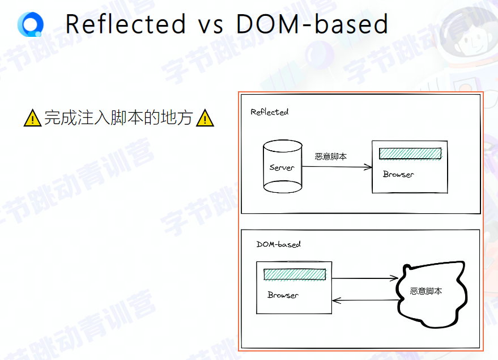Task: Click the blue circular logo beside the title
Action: pyautogui.click(x=30, y=24)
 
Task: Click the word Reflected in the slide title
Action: pyautogui.click(x=125, y=24)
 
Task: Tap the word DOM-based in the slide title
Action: pyautogui.click(x=312, y=24)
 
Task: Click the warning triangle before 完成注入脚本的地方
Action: pyautogui.click(x=33, y=118)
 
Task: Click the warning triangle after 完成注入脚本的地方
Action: pyautogui.click(x=205, y=118)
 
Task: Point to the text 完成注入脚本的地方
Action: pyautogui.click(x=118, y=118)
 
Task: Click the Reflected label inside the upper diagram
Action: pyautogui.click(x=270, y=112)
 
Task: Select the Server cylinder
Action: pyautogui.click(x=282, y=167)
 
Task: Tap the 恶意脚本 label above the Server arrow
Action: pyautogui.click(x=331, y=156)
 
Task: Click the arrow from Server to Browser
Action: pyautogui.click(x=337, y=167)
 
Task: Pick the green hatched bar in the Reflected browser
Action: pyautogui.click(x=410, y=154)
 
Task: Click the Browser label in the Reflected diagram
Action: pyautogui.click(x=398, y=174)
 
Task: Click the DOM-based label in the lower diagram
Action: pyautogui.click(x=278, y=244)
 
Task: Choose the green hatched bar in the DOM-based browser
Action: pyautogui.click(x=295, y=274)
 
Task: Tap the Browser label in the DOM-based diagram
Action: pyautogui.click(x=283, y=295)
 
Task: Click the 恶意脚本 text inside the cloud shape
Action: pyautogui.click(x=426, y=291)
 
